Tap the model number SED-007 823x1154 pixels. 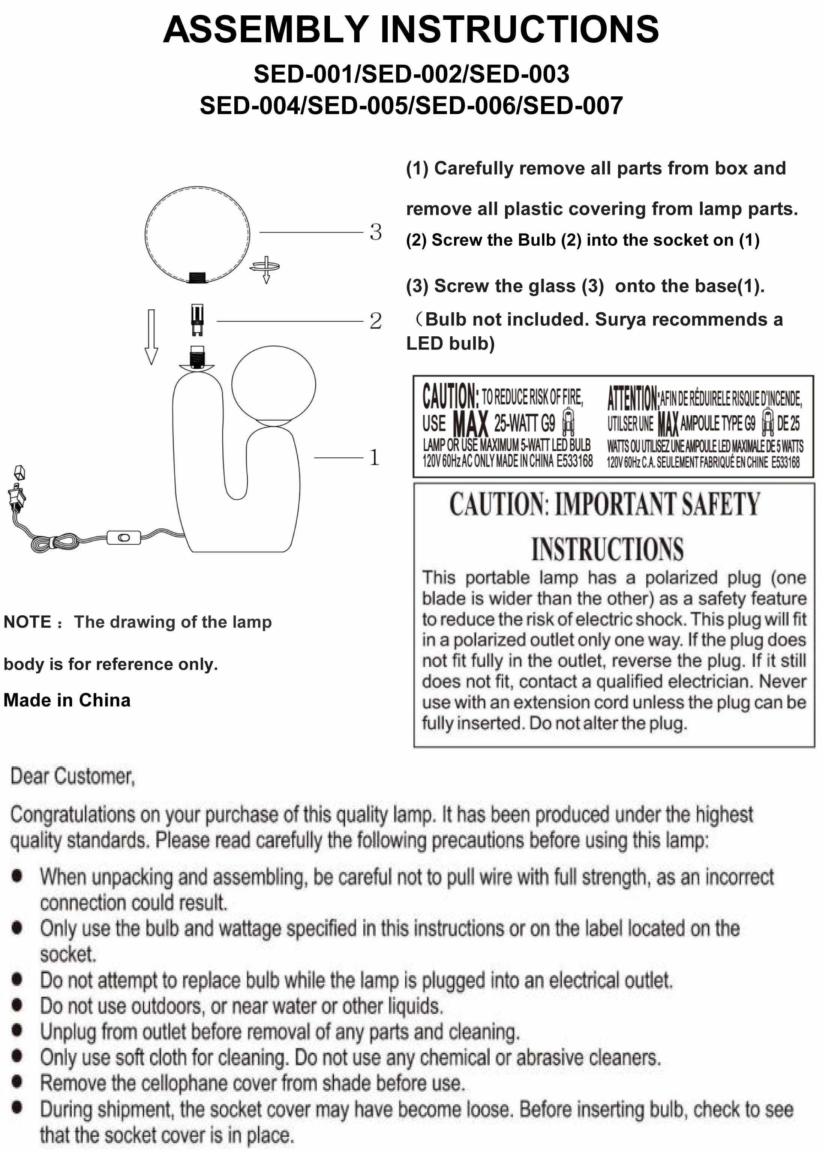573,106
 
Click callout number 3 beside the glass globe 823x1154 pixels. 376,232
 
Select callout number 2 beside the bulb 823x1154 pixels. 376,321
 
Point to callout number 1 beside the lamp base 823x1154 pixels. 374,457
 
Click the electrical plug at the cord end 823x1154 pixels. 17,494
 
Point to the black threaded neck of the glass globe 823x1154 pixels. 197,277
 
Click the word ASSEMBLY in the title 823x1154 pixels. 265,29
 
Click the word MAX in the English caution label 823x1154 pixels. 470,424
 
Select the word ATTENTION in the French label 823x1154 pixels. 633,398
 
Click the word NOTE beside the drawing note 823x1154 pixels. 27,622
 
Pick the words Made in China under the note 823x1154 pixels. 67,700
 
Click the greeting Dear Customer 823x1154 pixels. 72,776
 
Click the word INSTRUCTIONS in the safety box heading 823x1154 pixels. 607,549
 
